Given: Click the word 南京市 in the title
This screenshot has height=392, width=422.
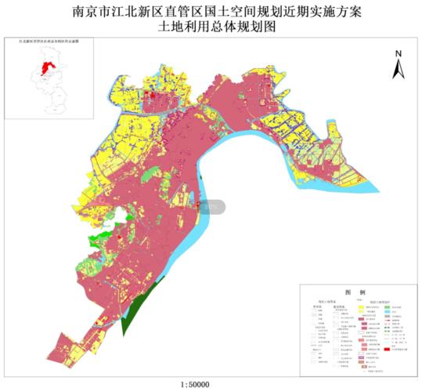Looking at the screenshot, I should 91,11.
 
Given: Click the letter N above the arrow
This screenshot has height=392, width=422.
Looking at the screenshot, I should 397,54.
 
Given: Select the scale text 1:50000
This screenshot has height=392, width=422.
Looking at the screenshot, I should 200,385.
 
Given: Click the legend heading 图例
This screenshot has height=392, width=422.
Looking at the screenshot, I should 353,292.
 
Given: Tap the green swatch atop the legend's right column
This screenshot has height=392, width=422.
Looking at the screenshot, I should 388,306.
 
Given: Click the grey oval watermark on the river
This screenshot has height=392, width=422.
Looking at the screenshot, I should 211,207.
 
